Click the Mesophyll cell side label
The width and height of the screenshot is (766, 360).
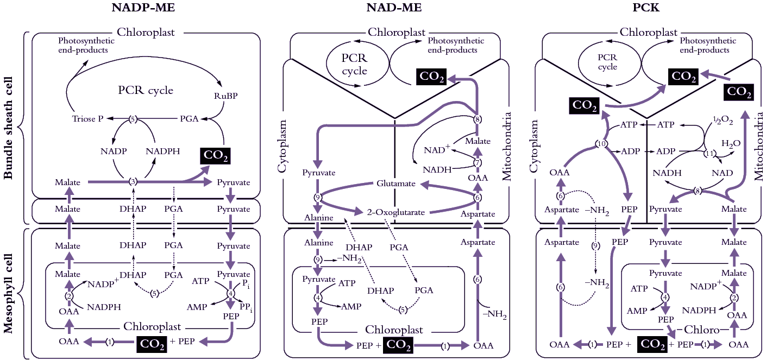point(8,294)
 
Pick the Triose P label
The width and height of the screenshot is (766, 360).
point(87,118)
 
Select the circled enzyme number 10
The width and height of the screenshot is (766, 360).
point(600,144)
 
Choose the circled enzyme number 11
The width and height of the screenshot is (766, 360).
point(708,154)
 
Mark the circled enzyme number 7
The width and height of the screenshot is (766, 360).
point(478,162)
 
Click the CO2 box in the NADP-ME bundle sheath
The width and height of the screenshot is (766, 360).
point(215,156)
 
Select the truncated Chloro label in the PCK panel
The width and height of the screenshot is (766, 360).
point(702,330)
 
